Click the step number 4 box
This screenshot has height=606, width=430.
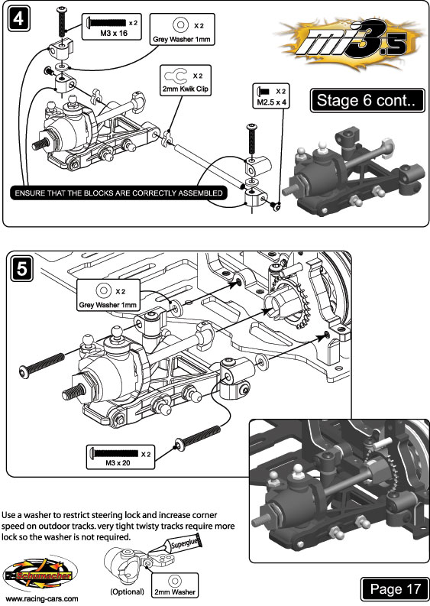pyautogui.click(x=18, y=19)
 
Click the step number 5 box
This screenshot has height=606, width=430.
pyautogui.click(x=21, y=269)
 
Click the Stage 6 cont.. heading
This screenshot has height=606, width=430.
pyautogui.click(x=367, y=101)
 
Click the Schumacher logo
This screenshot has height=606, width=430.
pyautogui.click(x=40, y=575)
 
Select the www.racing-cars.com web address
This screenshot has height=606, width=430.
pyautogui.click(x=42, y=599)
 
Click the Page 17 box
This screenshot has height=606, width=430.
pyautogui.click(x=394, y=589)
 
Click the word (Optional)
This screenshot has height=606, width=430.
pyautogui.click(x=127, y=591)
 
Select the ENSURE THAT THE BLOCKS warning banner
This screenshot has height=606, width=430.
pyautogui.click(x=118, y=193)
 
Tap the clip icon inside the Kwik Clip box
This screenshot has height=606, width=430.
pyautogui.click(x=176, y=76)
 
